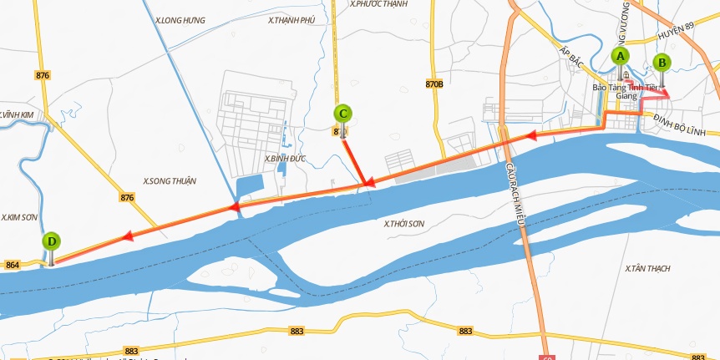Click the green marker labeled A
tap(619, 56)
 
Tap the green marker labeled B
tap(662, 62)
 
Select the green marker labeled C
tap(342, 114)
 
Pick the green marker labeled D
tap(52, 241)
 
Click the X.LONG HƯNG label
tap(180, 19)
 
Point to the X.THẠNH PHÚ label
tap(291, 19)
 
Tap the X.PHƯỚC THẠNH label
tap(378, 4)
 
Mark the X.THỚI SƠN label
tap(405, 223)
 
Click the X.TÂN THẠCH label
tap(647, 268)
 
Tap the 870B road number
tap(434, 84)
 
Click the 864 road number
tap(13, 265)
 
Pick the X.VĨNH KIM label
tap(18, 114)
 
